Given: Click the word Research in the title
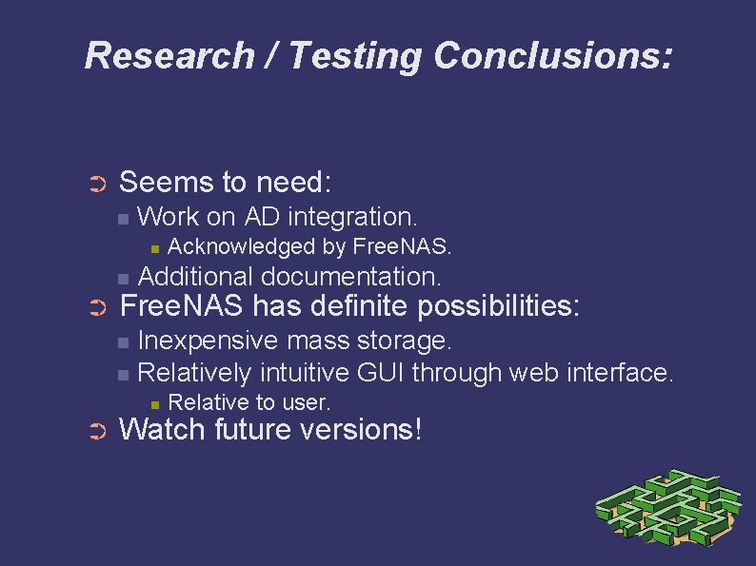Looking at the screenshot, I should tap(168, 55).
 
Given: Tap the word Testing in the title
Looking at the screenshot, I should tap(354, 55).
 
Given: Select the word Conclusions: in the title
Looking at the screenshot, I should tap(553, 55).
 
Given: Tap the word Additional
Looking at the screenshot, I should tap(196, 277).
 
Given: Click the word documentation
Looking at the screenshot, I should tap(351, 277).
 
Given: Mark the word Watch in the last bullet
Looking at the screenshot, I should tap(162, 429).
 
